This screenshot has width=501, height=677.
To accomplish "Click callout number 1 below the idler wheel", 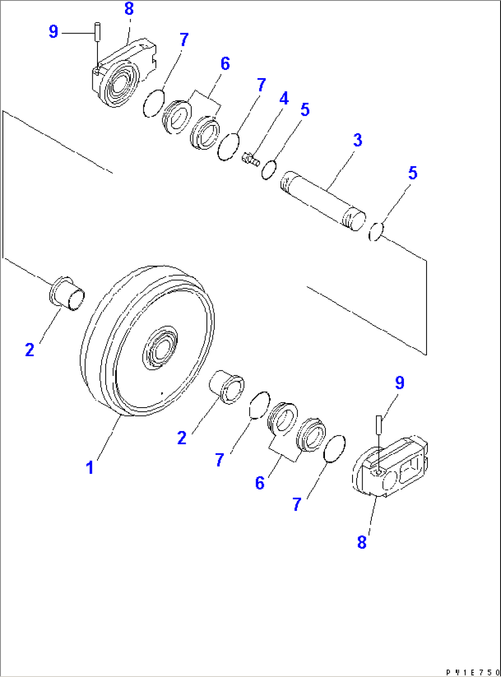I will click(90, 467).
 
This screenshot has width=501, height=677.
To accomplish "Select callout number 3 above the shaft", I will click(358, 140).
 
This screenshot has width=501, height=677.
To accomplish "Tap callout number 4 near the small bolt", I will click(284, 98).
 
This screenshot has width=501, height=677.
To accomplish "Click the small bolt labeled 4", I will click(250, 159).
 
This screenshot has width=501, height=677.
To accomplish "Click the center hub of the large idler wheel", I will click(160, 348).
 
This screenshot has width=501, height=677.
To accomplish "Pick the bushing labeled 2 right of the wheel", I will click(227, 387).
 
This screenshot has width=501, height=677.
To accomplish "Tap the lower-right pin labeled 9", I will click(379, 424).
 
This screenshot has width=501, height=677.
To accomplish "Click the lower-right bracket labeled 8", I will click(391, 469).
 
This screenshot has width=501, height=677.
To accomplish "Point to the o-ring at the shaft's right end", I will click(376, 231).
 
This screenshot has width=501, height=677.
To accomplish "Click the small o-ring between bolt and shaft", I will click(269, 170).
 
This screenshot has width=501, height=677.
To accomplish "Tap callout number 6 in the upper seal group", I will click(225, 63).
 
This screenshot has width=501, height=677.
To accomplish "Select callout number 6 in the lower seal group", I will click(260, 483).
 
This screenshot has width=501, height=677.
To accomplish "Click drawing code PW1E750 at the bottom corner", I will click(473, 672).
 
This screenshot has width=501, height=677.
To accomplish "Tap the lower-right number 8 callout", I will click(362, 542).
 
